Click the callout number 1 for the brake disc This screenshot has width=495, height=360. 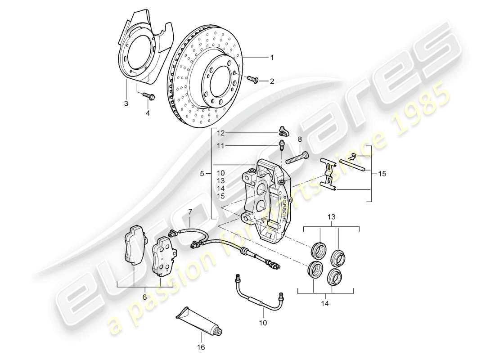(271, 58)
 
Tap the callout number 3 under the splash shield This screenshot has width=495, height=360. (126, 103)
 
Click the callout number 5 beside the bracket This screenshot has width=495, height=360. (202, 173)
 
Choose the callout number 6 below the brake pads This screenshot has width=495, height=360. (144, 297)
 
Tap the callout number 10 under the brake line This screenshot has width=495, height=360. (263, 322)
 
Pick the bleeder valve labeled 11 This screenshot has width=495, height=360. (282, 146)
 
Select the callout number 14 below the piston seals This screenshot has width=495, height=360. (325, 304)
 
